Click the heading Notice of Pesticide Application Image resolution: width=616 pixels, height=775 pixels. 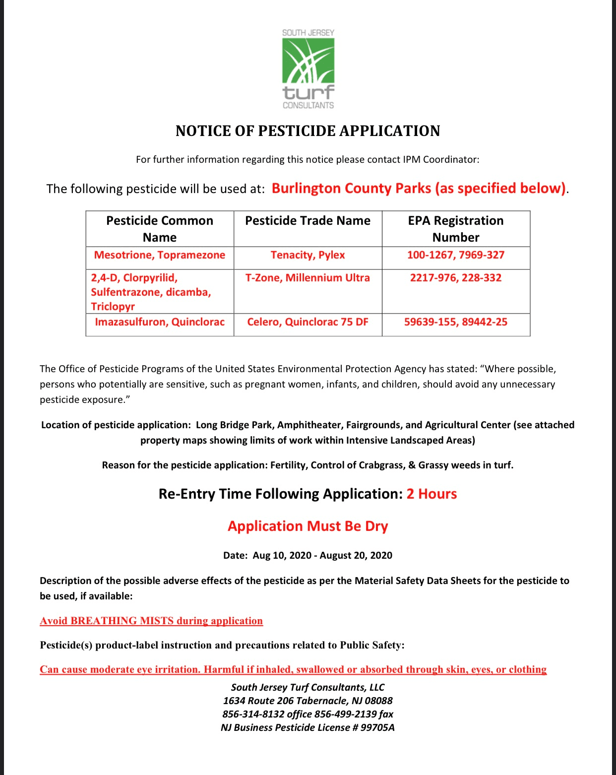coord(308,131)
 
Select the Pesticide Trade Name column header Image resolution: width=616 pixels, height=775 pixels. coord(308,221)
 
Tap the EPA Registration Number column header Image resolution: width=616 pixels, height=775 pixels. coord(455,229)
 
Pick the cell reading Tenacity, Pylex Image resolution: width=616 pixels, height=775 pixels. coord(308,255)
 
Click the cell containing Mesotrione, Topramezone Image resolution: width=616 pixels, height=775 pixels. coord(160,255)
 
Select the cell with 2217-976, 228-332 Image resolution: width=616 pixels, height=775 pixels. coord(455,278)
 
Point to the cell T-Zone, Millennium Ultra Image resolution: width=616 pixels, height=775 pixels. coord(308,278)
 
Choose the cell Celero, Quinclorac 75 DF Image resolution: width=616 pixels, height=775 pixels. coord(308,322)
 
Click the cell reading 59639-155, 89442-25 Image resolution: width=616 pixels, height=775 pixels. coord(455,322)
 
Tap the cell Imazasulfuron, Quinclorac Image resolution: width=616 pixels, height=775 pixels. coord(160,322)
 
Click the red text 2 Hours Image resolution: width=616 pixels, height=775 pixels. coord(431,494)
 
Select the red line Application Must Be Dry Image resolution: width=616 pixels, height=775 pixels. coord(308,526)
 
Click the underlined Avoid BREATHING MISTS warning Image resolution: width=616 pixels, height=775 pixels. coord(151,621)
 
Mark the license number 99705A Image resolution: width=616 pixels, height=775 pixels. coord(377,728)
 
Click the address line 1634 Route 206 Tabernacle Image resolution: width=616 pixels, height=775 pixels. coord(308,701)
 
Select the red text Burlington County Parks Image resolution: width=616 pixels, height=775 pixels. coord(351,189)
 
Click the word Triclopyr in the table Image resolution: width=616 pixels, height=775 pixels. coord(113,307)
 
